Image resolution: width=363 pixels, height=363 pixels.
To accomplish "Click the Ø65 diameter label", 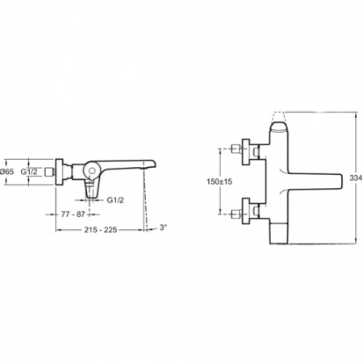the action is tap(7, 172).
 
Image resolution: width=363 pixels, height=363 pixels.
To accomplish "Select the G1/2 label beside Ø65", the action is tap(29, 172).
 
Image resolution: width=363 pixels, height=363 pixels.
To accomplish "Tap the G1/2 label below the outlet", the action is tap(115, 200).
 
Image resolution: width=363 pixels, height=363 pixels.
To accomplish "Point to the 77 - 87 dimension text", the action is tap(73, 215).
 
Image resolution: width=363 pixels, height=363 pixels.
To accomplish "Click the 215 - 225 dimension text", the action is tap(101, 230).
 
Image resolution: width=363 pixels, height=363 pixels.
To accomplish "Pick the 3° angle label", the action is tap(163, 227).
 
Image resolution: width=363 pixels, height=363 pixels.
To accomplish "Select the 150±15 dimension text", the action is tap(219, 181).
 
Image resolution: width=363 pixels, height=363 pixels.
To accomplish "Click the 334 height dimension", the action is tap(357, 177).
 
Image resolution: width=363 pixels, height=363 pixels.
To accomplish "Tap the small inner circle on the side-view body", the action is tap(92, 170).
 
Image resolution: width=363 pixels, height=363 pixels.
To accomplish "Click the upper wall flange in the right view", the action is tap(246, 152).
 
